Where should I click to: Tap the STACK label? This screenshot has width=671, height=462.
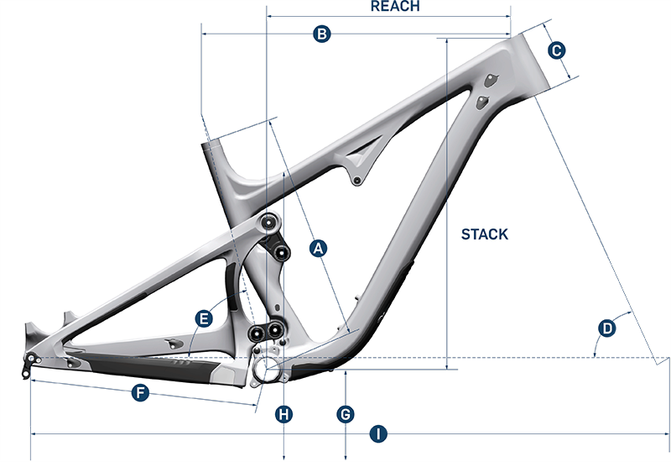tap(484, 234)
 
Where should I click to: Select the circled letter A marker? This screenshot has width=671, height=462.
tap(317, 248)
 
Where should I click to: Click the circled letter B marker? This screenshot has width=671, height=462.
tap(320, 34)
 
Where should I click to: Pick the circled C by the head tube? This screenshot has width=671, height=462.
tap(555, 51)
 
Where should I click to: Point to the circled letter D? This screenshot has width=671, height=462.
tap(606, 327)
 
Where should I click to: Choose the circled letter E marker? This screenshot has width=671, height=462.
tap(203, 318)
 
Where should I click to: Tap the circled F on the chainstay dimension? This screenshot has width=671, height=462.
tap(141, 392)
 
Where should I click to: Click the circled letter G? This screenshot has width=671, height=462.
tap(346, 413)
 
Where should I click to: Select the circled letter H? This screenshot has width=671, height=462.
tap(284, 413)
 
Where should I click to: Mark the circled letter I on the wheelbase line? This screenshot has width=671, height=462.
tap(379, 434)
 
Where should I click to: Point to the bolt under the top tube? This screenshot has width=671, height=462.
tap(357, 181)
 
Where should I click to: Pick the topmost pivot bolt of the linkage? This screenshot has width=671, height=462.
tap(268, 222)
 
